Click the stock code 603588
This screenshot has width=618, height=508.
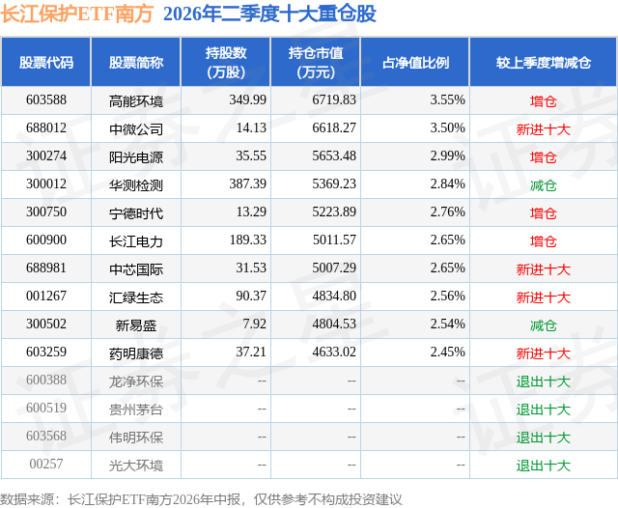(x=46, y=100)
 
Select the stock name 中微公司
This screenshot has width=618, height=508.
(x=136, y=129)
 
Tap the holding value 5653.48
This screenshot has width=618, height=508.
(x=334, y=156)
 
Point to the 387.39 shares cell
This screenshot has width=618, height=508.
(x=248, y=184)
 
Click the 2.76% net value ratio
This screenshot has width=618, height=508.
(x=448, y=212)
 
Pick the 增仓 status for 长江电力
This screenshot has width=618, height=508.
(x=543, y=241)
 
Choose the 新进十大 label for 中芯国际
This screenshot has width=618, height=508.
(x=543, y=269)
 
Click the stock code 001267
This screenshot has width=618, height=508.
(x=46, y=296)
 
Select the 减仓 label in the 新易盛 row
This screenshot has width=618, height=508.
(x=543, y=325)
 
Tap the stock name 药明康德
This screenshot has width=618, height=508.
(x=136, y=353)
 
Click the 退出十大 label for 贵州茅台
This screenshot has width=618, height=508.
(x=543, y=409)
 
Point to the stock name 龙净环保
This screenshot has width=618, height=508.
(x=136, y=381)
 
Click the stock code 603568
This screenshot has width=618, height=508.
(x=46, y=436)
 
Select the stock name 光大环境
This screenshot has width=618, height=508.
(x=136, y=466)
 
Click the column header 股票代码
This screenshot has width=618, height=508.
(x=46, y=63)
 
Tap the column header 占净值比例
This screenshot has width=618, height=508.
(x=415, y=63)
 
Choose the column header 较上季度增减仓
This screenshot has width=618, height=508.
(x=544, y=63)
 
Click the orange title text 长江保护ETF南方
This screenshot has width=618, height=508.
(x=76, y=14)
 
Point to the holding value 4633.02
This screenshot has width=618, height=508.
(x=334, y=352)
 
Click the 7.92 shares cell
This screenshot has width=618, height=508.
(x=255, y=324)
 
